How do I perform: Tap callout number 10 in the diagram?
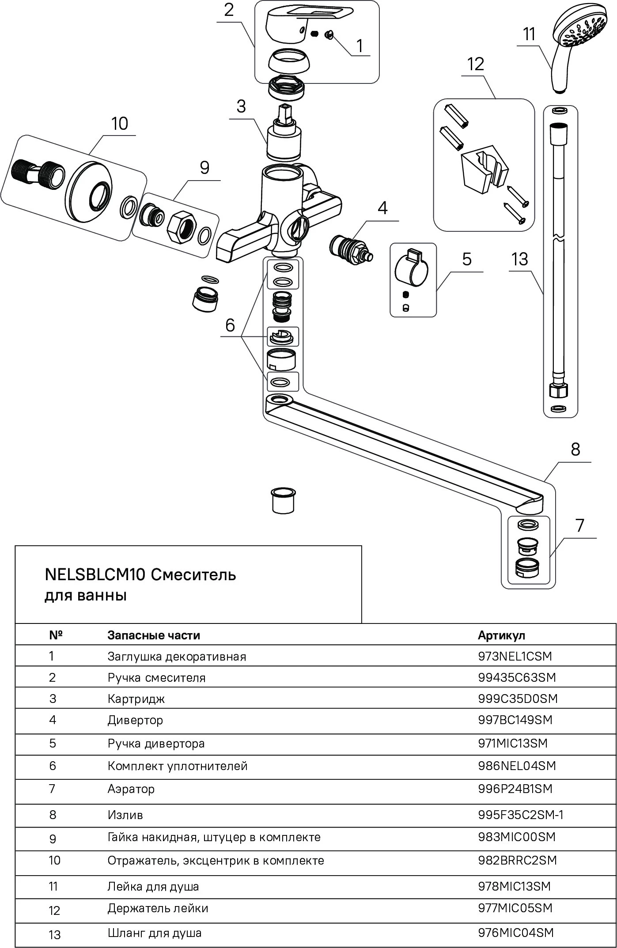tap(119, 124)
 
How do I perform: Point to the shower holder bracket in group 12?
tap(484, 172)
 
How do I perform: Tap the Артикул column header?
tap(501, 635)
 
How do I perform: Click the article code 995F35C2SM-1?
tap(521, 815)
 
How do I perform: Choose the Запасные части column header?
tap(154, 635)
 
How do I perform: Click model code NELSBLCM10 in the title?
tap(95, 575)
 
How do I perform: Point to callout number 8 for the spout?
tap(575, 449)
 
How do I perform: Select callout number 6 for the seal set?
tap(230, 325)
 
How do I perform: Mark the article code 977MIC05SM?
tap(515, 908)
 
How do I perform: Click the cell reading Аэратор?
tap(131, 789)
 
